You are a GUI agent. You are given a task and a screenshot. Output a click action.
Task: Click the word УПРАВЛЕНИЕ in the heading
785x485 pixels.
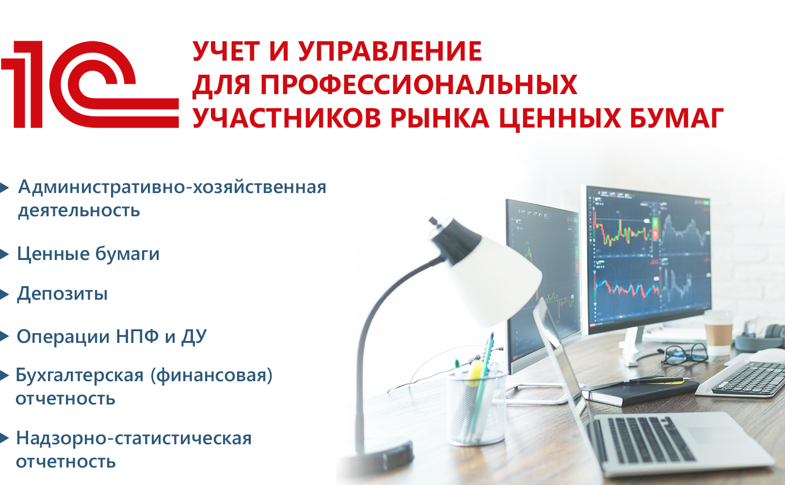pyautogui.click(x=390, y=51)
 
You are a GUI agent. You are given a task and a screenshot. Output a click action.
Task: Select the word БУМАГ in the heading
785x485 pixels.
pyautogui.click(x=677, y=118)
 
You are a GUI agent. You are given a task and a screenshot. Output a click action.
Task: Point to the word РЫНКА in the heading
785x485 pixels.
pyautogui.click(x=439, y=118)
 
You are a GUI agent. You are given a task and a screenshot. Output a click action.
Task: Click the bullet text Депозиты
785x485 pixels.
pyautogui.click(x=63, y=293)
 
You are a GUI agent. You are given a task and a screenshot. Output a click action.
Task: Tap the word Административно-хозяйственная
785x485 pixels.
pyautogui.click(x=172, y=187)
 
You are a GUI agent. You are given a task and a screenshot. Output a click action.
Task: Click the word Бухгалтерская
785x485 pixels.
pyautogui.click(x=80, y=375)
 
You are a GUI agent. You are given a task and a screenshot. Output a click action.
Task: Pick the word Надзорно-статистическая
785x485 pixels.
pyautogui.click(x=134, y=438)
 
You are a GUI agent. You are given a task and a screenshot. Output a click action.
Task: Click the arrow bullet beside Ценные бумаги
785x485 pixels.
pyautogui.click(x=4, y=254)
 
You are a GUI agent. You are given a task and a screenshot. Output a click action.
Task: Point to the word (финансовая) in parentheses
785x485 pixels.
pyautogui.click(x=211, y=375)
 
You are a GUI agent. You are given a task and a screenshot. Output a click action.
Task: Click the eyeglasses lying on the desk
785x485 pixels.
pyautogui.click(x=686, y=355)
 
